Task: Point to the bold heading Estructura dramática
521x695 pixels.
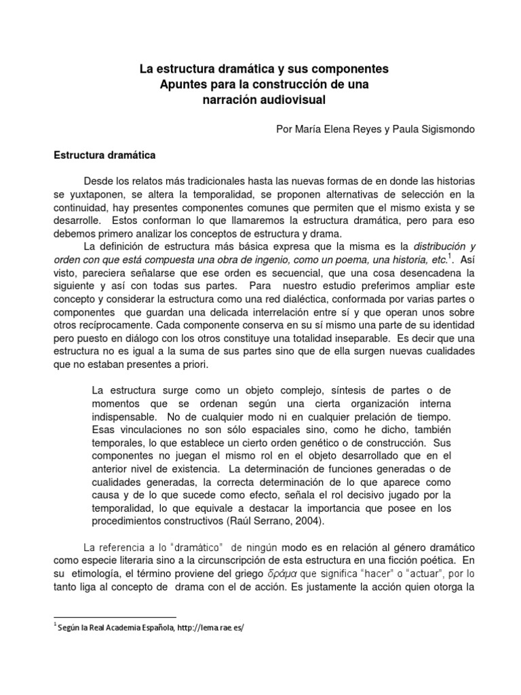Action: (x=104, y=155)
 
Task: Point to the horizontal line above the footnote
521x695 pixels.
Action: (x=115, y=617)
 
